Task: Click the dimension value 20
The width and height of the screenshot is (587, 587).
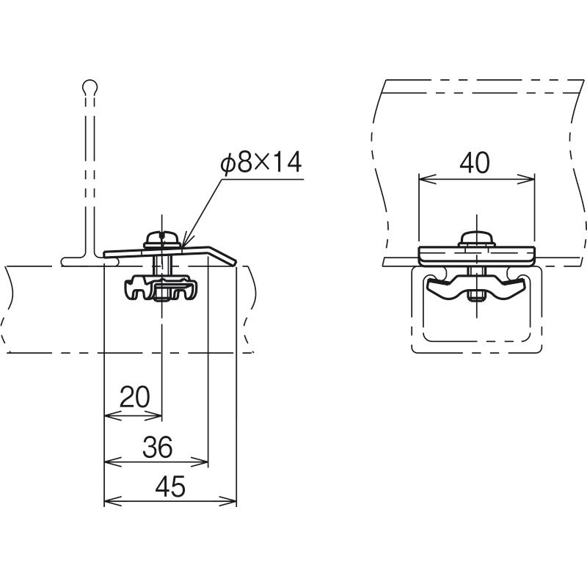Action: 135,397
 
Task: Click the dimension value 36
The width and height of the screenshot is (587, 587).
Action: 158,447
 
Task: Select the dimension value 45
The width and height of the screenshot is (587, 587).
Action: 170,486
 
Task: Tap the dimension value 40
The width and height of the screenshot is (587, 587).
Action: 474,163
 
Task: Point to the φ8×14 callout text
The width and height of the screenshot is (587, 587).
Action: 261,162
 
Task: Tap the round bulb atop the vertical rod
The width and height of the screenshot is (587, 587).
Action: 90,87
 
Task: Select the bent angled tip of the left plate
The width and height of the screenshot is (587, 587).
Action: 222,255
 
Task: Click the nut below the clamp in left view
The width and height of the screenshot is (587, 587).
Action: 161,292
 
